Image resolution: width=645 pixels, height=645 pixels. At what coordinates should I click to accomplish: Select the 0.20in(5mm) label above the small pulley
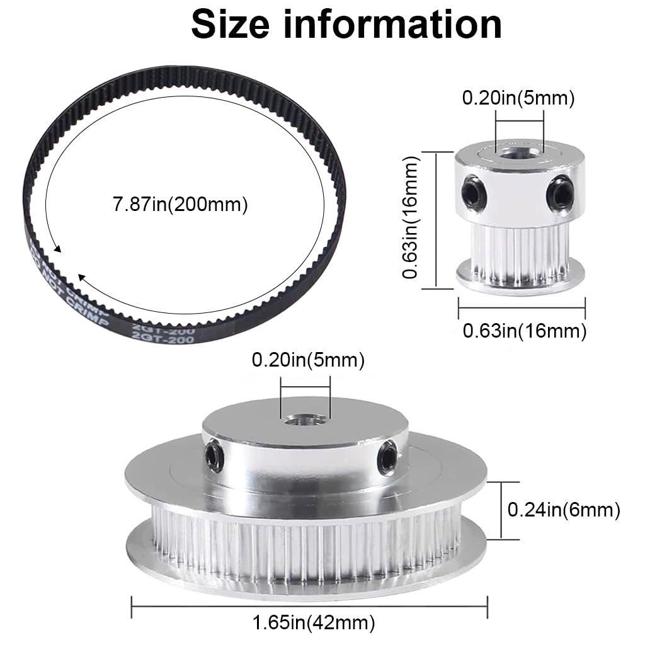click(518, 98)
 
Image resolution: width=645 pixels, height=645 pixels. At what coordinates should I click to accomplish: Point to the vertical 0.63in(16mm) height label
click(411, 219)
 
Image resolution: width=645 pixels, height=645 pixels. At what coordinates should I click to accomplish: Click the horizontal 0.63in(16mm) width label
click(525, 331)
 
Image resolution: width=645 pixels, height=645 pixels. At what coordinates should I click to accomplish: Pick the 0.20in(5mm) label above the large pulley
click(308, 360)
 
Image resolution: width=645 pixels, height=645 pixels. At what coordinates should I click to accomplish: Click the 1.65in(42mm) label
click(314, 624)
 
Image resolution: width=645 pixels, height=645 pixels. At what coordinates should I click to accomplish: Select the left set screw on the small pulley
click(471, 188)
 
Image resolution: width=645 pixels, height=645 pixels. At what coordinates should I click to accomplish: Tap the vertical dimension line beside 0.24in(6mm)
click(501, 510)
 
